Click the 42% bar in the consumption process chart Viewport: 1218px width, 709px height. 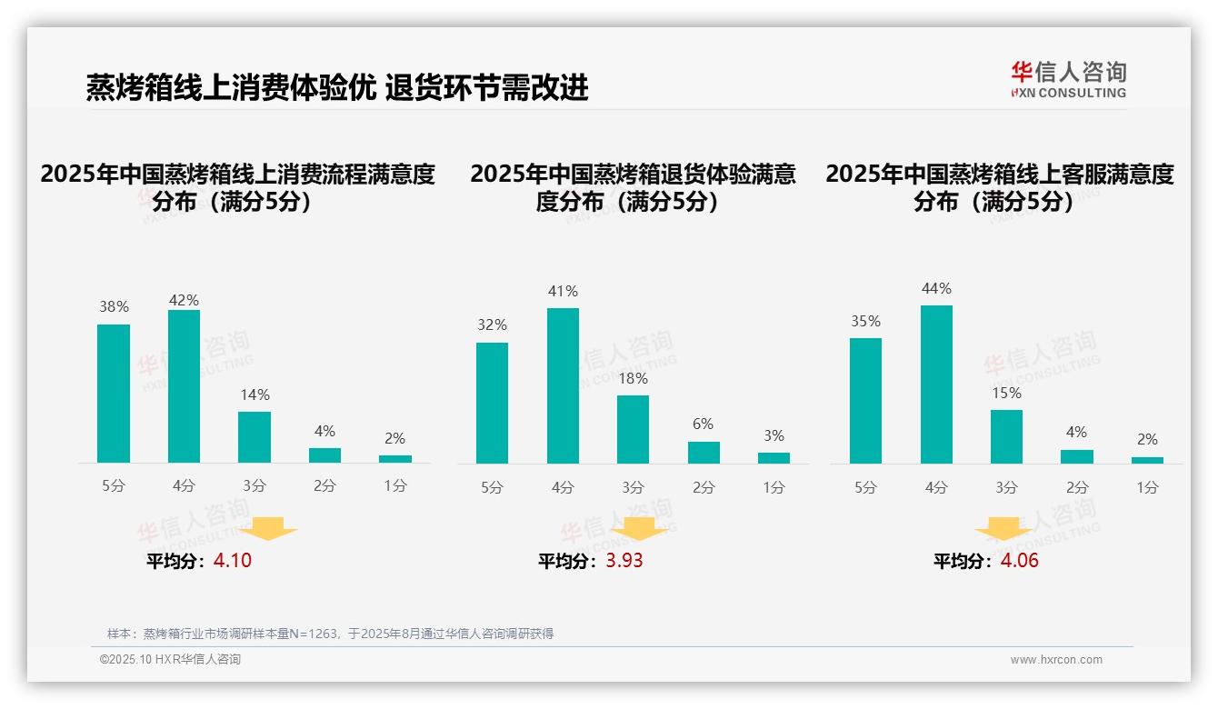click(x=184, y=386)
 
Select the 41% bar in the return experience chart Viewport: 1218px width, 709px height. click(x=563, y=385)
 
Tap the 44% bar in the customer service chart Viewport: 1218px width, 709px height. click(x=936, y=384)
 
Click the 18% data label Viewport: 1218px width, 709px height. click(x=633, y=378)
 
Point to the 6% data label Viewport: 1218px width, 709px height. click(x=703, y=424)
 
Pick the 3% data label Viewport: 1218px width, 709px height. click(x=774, y=435)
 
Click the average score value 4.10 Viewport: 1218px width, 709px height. click(x=233, y=561)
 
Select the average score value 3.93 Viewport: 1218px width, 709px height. click(x=624, y=561)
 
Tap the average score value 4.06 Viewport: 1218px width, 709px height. click(x=1019, y=561)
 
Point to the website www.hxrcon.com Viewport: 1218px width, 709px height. click(x=1056, y=660)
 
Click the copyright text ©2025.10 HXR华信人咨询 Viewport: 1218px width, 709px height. click(x=170, y=660)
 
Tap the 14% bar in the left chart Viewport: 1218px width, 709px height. click(x=255, y=437)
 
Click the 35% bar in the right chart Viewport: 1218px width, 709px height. click(x=865, y=401)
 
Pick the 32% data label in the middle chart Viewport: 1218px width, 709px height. click(x=492, y=325)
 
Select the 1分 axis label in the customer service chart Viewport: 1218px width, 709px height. click(x=1147, y=487)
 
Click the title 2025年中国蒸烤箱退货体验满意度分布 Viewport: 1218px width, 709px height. click(x=633, y=187)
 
